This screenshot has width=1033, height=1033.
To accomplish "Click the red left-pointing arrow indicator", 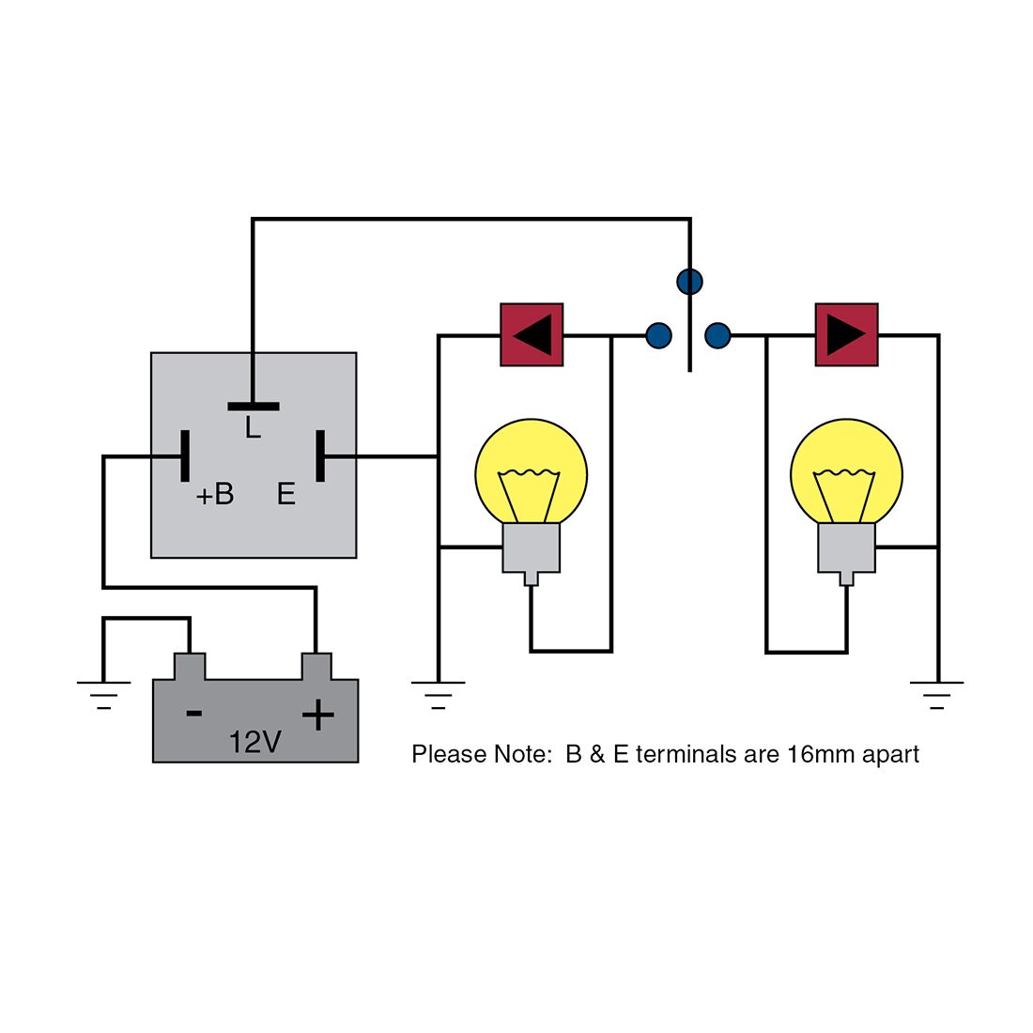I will point(532,334).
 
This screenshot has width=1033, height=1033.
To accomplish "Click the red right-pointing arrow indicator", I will point(846,334).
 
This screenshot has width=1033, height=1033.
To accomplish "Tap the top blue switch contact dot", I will point(689,281).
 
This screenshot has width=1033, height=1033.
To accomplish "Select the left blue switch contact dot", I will point(659,335).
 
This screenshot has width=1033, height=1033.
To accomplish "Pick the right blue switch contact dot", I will point(717,335).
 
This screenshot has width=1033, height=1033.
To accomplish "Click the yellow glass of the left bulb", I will point(532,470).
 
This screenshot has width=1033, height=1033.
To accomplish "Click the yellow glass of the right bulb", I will point(846,470).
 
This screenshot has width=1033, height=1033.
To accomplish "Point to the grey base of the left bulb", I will point(532,548).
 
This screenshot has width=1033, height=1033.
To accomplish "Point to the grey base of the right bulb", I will point(846,548).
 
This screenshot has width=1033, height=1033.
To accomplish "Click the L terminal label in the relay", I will point(252,429).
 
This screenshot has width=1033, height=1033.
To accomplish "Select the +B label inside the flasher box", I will point(215,494).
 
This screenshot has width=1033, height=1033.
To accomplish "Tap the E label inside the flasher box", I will point(286,494).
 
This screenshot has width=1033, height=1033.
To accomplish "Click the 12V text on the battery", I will point(254,743).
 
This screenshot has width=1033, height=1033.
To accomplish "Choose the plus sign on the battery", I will point(318,716).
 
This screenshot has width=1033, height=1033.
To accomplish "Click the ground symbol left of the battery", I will point(103,693).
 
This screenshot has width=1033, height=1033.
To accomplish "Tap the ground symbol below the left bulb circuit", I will point(438,694).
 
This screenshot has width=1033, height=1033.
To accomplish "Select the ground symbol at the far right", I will point(937,694).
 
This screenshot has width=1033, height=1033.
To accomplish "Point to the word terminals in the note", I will point(682,754).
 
